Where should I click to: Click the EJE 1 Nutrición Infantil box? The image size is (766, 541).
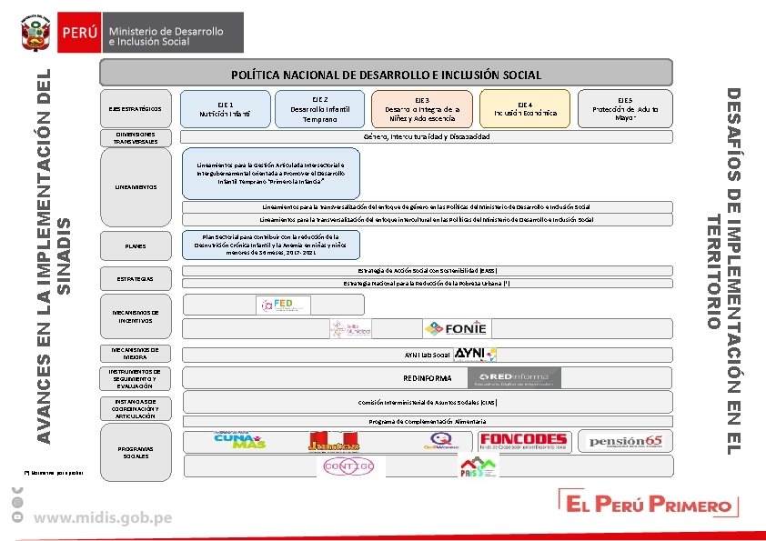point(226,109)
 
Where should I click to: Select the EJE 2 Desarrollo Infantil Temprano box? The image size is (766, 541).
point(319,108)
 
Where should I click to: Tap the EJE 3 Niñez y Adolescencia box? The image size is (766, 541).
point(422,108)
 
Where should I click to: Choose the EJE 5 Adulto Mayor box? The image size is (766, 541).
point(625,108)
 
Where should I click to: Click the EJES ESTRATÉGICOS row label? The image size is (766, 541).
point(135,109)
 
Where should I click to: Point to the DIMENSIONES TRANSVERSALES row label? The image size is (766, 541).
point(135,138)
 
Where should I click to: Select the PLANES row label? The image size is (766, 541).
point(135,246)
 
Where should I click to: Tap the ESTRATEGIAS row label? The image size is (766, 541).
point(135,277)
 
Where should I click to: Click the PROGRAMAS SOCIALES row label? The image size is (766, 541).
point(135,452)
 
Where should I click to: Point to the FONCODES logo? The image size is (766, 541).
point(522,441)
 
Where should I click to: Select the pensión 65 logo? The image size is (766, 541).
point(626,442)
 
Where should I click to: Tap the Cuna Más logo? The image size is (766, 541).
point(239,440)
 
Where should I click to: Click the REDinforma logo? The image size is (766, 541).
point(509,377)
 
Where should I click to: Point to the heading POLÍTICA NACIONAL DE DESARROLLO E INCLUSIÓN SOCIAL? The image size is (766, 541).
point(386,75)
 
